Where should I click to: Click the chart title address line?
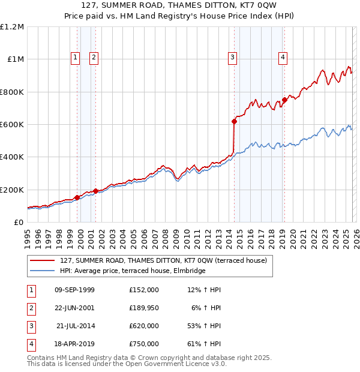[x=180, y=6]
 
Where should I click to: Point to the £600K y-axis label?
[x=12, y=125]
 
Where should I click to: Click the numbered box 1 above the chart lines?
[x=76, y=58]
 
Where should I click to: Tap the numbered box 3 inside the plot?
[x=232, y=58]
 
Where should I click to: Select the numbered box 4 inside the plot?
[x=283, y=58]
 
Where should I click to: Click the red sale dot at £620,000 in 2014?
[x=234, y=121]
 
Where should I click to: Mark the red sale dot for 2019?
[x=284, y=100]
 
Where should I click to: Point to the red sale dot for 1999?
[x=77, y=197]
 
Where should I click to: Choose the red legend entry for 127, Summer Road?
[x=167, y=260]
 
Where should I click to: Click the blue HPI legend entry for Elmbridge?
[x=133, y=271]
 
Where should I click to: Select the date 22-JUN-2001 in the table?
[x=74, y=308]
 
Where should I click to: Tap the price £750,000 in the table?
[x=144, y=344]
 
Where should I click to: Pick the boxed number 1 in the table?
[x=31, y=290]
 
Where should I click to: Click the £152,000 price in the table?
[x=144, y=290]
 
